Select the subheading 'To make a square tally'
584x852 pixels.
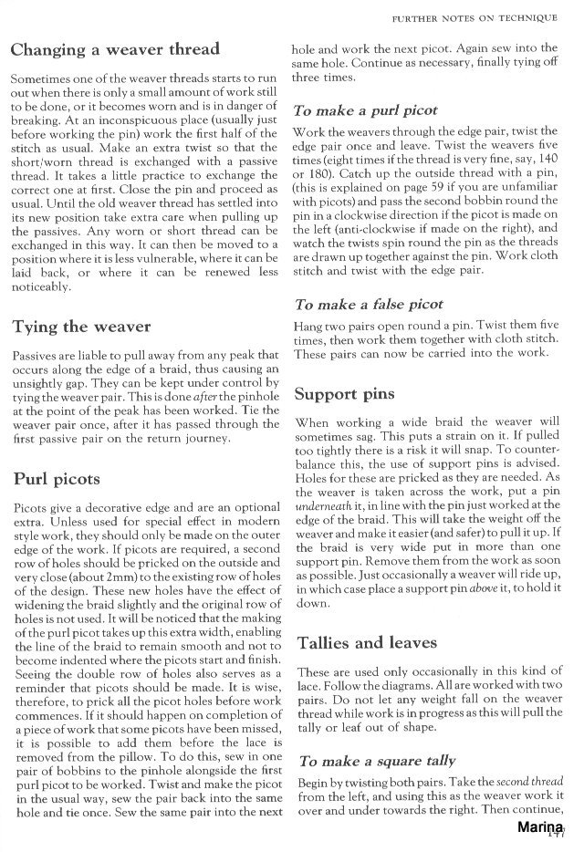coord(374,761)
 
